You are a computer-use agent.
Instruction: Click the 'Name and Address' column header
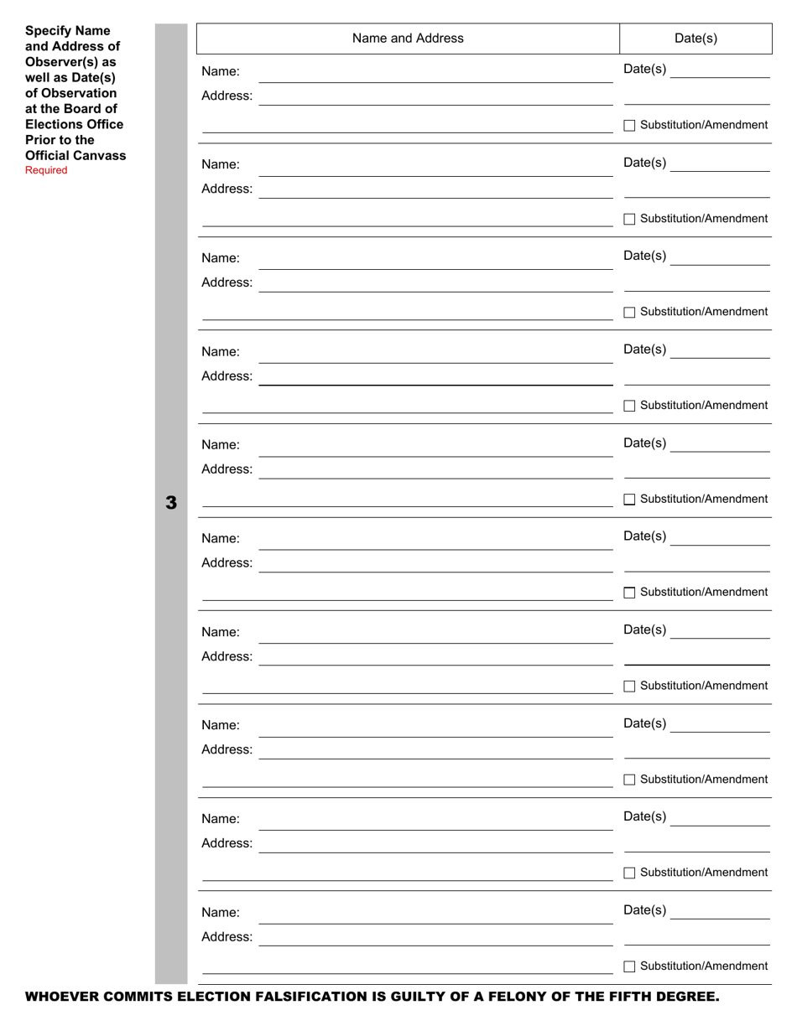click(x=408, y=39)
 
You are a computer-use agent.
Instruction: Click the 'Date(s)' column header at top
click(x=695, y=39)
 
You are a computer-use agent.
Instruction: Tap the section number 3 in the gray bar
click(x=171, y=503)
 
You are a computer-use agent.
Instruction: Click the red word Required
click(x=46, y=170)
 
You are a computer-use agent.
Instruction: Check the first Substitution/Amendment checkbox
click(x=629, y=126)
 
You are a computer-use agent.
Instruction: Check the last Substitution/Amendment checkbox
click(x=629, y=966)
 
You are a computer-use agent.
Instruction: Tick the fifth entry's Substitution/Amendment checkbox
click(x=629, y=500)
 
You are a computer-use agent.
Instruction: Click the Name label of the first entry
click(x=220, y=71)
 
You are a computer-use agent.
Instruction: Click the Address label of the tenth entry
click(x=227, y=936)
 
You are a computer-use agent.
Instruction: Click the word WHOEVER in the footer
click(x=61, y=997)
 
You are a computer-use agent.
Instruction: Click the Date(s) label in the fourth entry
click(x=644, y=350)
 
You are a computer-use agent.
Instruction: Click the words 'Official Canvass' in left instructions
click(x=76, y=155)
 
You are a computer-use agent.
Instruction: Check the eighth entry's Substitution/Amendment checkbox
click(x=629, y=780)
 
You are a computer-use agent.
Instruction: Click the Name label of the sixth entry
click(x=220, y=538)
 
